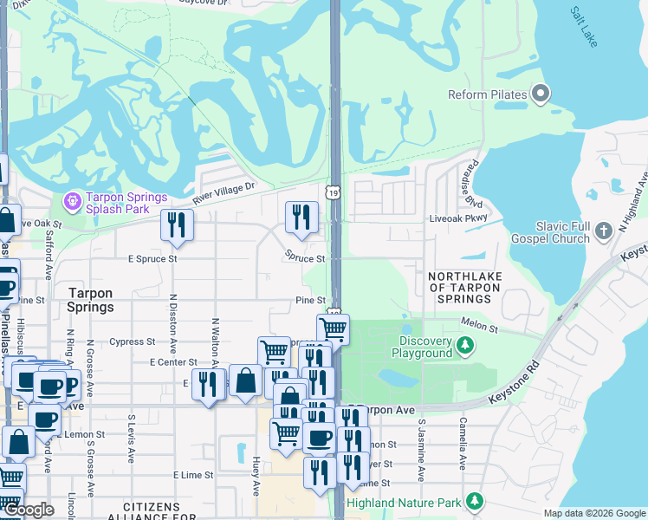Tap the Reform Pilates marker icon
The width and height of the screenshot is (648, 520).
coord(541,94)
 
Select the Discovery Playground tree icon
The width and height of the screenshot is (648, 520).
coord(466,347)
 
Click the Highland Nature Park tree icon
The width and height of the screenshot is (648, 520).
coord(474,502)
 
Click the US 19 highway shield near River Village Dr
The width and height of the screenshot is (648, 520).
coord(334,192)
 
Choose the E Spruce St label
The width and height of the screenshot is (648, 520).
coord(152,258)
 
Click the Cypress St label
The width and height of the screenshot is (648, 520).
coord(132,341)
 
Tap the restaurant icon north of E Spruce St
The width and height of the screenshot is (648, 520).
coord(177,224)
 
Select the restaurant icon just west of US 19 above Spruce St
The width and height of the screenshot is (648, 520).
coord(301,216)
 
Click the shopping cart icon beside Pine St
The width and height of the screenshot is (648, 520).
coord(334,328)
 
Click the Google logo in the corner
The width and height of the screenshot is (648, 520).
coord(29,510)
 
